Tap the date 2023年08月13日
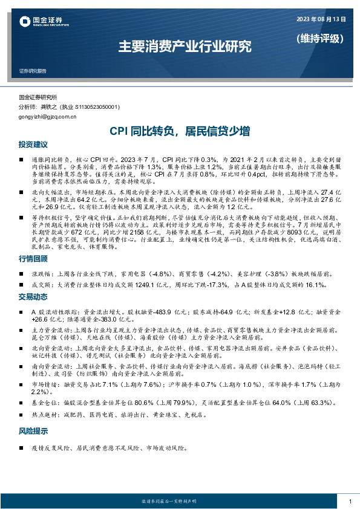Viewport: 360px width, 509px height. [321, 19]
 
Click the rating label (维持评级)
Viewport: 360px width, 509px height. [321, 39]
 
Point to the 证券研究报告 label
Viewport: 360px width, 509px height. [33, 71]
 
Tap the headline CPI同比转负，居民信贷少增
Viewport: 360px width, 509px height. [180, 131]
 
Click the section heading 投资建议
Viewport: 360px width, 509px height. [33, 145]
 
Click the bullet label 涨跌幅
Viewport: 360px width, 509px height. [41, 273]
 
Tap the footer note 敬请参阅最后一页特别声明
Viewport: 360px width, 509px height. [179, 502]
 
